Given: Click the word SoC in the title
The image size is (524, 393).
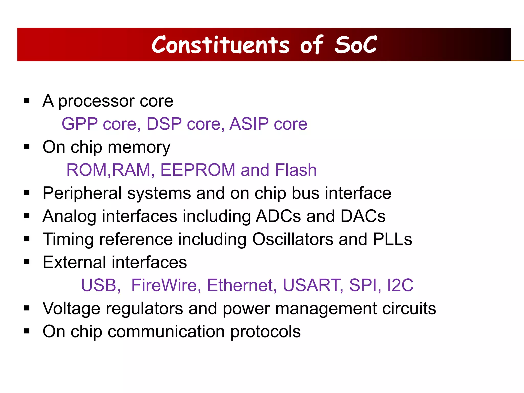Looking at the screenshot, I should coord(356,45).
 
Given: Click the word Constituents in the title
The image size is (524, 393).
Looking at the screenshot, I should coord(221,45).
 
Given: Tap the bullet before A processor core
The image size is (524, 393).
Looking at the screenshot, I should coord(27,101).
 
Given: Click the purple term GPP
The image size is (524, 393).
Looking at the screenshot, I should coord(80,124).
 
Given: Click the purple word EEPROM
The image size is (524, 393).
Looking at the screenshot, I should coord(198,170).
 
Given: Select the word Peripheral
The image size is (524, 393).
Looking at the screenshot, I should coord(82,193).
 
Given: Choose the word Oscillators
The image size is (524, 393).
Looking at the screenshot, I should coord(293,239).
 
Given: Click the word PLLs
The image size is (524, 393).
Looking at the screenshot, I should coord(392,239).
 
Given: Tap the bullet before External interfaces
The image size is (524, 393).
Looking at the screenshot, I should coord(27,262).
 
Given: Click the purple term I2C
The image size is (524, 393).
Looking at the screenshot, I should coord(400,285).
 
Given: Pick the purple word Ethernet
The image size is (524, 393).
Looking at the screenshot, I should coord(242,285).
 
